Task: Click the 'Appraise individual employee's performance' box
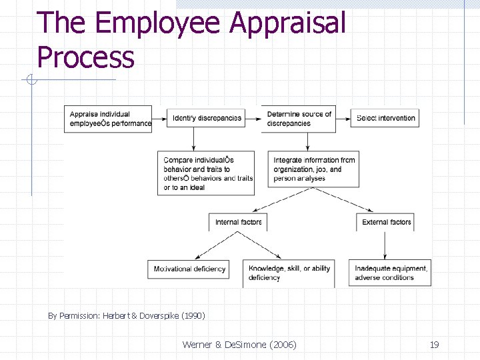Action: (x=107, y=119)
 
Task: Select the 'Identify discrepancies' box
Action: (x=207, y=118)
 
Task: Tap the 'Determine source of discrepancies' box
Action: (x=301, y=119)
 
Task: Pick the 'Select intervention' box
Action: (x=385, y=118)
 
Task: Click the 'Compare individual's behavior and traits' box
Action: (x=207, y=173)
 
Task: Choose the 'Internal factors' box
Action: (x=239, y=222)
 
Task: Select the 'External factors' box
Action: (x=387, y=222)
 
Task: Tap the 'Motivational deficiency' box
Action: (x=189, y=269)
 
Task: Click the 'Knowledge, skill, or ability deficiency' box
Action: (x=289, y=273)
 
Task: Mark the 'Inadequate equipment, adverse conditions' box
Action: (x=390, y=273)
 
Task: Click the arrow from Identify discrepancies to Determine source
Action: (x=253, y=118)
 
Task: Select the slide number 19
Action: (x=434, y=344)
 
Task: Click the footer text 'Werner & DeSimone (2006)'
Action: (x=239, y=344)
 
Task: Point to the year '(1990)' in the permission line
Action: (x=191, y=315)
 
